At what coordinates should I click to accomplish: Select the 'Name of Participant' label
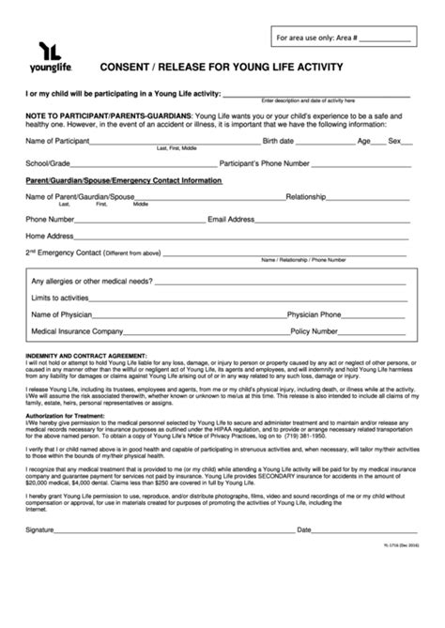tap(57, 141)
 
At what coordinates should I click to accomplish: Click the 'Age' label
tap(365, 141)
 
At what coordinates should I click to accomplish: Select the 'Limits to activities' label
tap(65, 298)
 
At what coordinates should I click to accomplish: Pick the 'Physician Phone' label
tap(314, 314)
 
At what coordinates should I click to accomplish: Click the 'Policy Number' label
tap(314, 331)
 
